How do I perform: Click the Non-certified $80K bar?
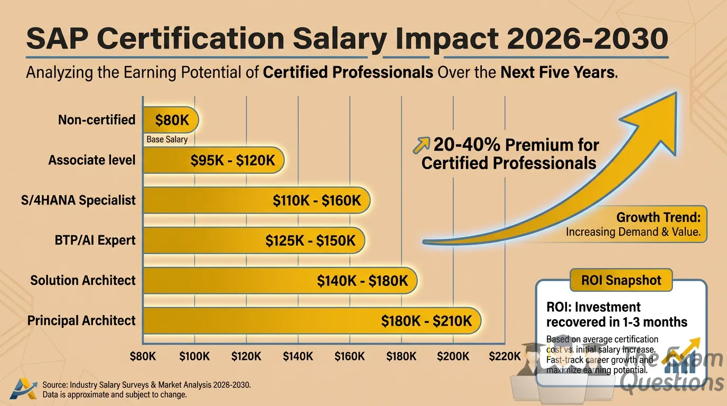(x=171, y=120)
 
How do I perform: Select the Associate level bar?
(x=213, y=160)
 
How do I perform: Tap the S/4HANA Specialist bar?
(x=256, y=200)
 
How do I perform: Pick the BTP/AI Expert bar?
(x=254, y=241)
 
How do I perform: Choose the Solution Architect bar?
(x=280, y=281)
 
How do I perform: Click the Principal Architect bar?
(x=312, y=321)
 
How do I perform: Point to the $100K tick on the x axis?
(x=194, y=356)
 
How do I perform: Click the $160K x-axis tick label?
(x=350, y=356)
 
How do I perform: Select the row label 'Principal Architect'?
(x=81, y=320)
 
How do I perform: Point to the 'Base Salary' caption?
(x=167, y=140)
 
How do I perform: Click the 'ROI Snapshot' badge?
(x=621, y=280)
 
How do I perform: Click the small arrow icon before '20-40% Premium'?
(x=422, y=144)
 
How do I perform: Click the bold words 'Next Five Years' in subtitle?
(x=558, y=72)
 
